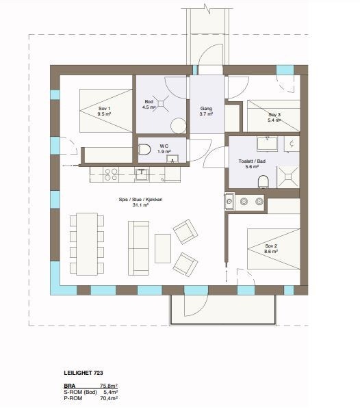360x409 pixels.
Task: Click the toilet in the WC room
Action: click(144, 148)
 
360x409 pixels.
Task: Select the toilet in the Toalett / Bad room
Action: click(263, 181)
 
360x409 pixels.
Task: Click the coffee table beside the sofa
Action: click(163, 248)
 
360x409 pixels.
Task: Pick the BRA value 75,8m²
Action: click(108, 386)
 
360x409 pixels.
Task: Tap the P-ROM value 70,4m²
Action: click(108, 397)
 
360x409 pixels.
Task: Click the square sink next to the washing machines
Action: click(230, 201)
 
